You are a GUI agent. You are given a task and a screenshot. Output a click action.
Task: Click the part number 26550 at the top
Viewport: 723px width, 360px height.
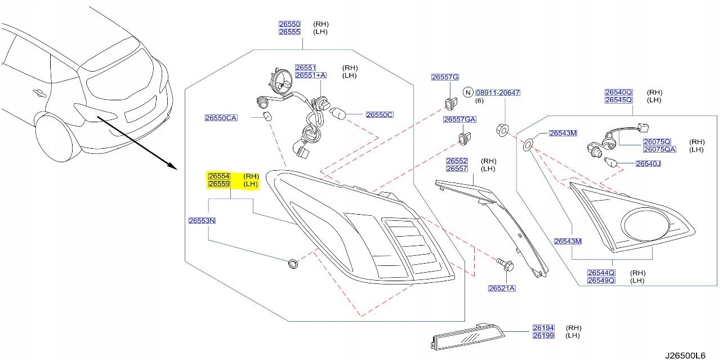(289, 24)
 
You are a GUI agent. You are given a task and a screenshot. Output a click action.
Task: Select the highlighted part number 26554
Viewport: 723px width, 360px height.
(219, 176)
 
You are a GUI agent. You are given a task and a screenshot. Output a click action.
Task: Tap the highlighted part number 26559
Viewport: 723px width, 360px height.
(219, 184)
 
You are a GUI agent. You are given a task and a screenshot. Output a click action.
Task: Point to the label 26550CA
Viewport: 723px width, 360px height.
(221, 118)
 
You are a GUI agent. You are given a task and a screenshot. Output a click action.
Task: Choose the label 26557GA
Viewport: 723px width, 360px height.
(459, 119)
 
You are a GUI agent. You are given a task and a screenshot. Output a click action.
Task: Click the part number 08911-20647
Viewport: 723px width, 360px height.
(497, 92)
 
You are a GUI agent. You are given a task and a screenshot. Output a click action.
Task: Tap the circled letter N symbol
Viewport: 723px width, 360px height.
(467, 92)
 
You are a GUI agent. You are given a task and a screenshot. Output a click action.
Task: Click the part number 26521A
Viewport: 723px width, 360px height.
(502, 288)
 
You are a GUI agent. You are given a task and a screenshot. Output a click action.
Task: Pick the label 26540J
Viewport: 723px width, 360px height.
(648, 164)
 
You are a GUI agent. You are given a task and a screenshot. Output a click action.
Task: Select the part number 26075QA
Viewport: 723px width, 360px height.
(659, 149)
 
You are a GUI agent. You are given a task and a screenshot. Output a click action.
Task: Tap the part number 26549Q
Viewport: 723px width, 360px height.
(601, 280)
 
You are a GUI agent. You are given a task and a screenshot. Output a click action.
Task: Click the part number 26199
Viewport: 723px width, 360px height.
(543, 336)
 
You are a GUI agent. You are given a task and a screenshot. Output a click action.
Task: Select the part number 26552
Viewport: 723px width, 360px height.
(457, 161)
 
